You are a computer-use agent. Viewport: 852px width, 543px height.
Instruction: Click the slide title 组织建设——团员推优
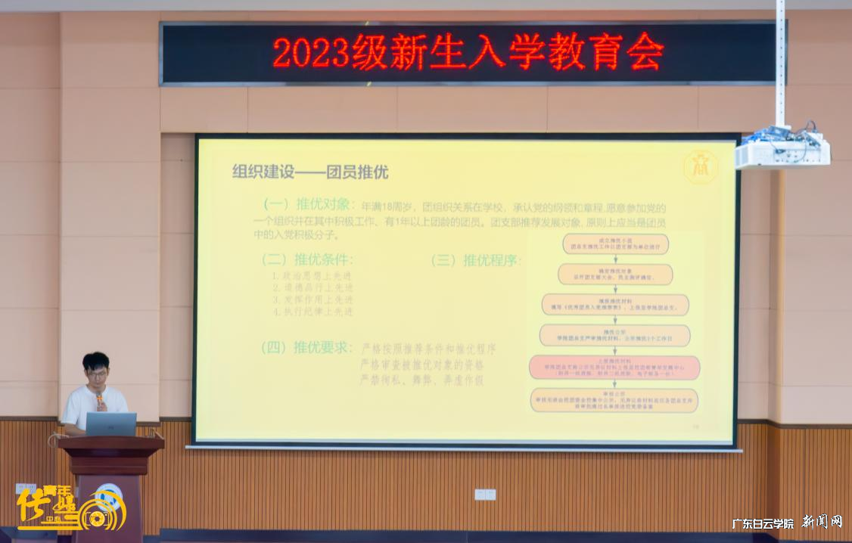(x=310, y=172)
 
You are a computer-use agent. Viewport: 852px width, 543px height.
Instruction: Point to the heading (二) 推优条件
(x=306, y=259)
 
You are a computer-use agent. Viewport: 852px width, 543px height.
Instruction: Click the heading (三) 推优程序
(x=476, y=260)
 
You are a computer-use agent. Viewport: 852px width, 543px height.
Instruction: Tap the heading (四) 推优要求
(x=306, y=348)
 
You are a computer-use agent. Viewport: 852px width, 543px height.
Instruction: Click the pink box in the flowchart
(x=614, y=368)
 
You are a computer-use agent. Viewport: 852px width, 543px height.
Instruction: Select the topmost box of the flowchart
(x=614, y=244)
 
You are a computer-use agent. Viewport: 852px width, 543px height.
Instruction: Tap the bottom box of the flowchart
(x=614, y=399)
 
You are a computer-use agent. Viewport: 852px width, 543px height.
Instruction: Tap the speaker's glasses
(x=97, y=373)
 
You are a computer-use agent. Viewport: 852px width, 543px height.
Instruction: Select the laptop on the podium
(x=110, y=424)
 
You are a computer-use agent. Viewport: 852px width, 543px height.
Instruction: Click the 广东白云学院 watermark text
(x=763, y=523)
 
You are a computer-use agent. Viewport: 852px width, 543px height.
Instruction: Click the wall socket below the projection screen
(x=484, y=494)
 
